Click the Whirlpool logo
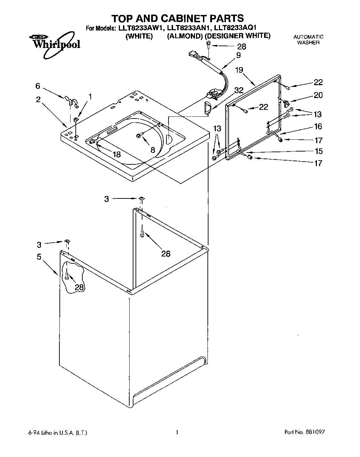[x=55, y=43]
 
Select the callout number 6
[x=38, y=86]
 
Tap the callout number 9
[x=238, y=55]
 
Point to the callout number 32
[x=239, y=90]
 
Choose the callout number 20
[x=318, y=95]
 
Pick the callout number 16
[x=318, y=127]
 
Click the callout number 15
[x=318, y=151]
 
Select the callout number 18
[x=116, y=154]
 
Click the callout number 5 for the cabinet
[x=39, y=257]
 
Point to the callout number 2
[x=38, y=99]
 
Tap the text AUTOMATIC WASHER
[x=308, y=40]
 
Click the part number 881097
[x=315, y=433]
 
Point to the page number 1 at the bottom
[x=177, y=433]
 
